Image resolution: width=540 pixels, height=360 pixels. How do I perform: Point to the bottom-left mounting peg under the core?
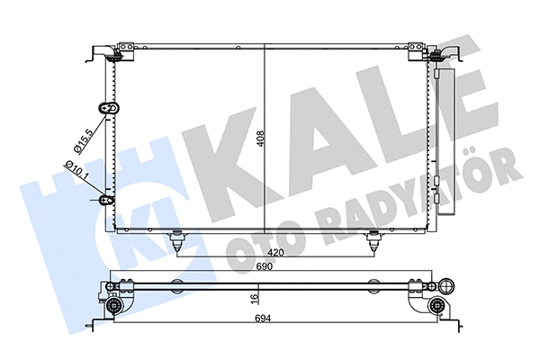tap(176, 240)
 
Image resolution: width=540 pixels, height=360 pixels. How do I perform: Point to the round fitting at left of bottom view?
tap(115, 306)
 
